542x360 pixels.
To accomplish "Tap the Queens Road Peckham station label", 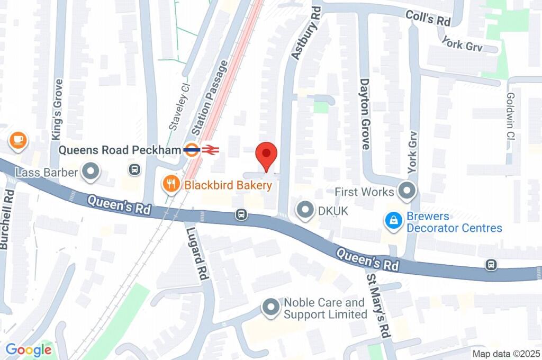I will click(x=120, y=150).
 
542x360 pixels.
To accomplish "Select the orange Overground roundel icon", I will click(x=192, y=150).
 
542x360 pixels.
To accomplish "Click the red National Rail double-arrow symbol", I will click(x=210, y=150).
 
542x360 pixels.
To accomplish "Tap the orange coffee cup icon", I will click(x=19, y=140).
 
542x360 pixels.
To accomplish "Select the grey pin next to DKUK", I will click(x=305, y=211).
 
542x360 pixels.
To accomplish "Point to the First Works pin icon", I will click(x=407, y=191).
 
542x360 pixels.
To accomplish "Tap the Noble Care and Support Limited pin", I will click(x=271, y=308).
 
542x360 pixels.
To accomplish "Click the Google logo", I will click(x=29, y=349).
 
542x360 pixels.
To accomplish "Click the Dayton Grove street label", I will click(x=365, y=114).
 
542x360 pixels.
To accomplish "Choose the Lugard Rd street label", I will click(x=195, y=251).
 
